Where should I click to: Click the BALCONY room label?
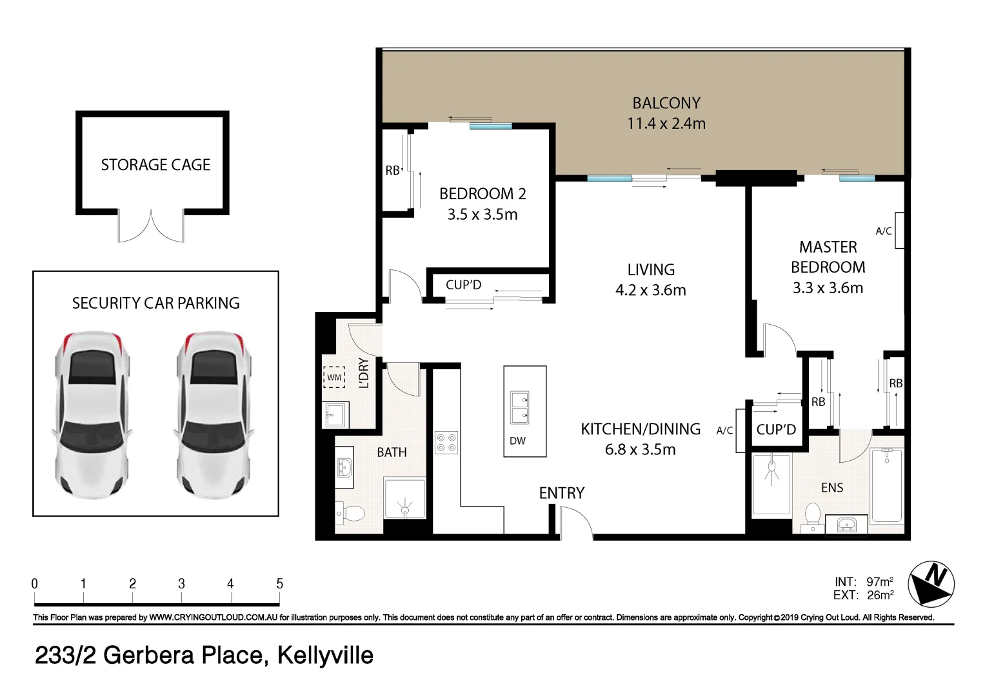(x=666, y=103)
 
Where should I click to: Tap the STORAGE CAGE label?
(x=155, y=165)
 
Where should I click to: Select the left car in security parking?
(x=92, y=416)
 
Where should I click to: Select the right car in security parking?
(x=214, y=416)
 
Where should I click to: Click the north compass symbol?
(x=931, y=584)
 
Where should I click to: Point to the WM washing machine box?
(x=334, y=377)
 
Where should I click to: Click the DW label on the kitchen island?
(x=517, y=441)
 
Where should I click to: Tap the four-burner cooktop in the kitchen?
(x=446, y=442)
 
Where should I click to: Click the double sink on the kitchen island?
(x=519, y=408)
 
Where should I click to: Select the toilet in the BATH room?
(x=351, y=514)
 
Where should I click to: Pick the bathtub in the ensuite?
(x=887, y=485)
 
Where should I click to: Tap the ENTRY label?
(x=561, y=493)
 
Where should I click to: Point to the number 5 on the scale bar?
(x=279, y=583)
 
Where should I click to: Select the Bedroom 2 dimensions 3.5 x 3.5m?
(x=483, y=215)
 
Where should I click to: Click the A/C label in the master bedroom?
(x=883, y=231)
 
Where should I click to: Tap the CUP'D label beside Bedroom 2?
(x=463, y=285)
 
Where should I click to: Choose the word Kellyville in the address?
(x=325, y=655)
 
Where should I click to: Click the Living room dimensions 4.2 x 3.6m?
(x=650, y=291)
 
